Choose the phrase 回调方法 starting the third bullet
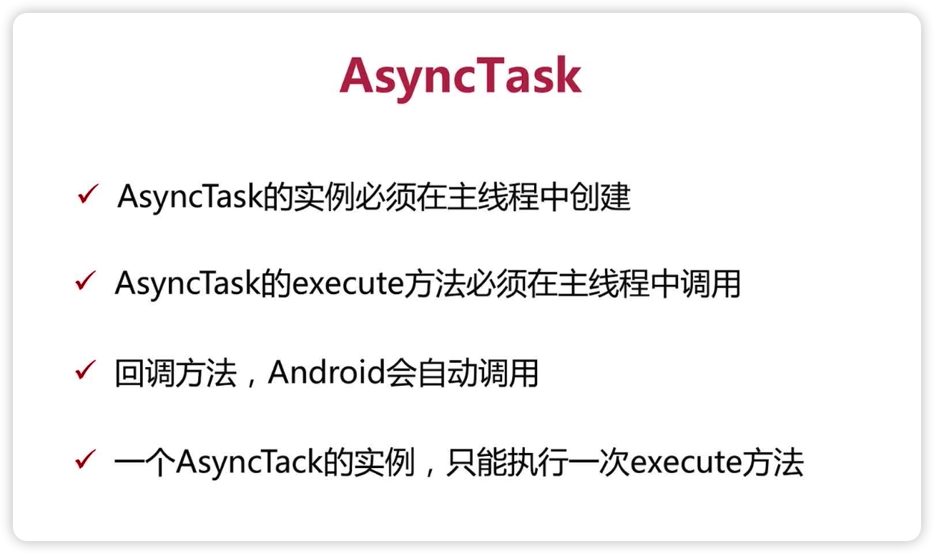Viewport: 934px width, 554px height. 175,374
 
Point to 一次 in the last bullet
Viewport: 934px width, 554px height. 599,463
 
